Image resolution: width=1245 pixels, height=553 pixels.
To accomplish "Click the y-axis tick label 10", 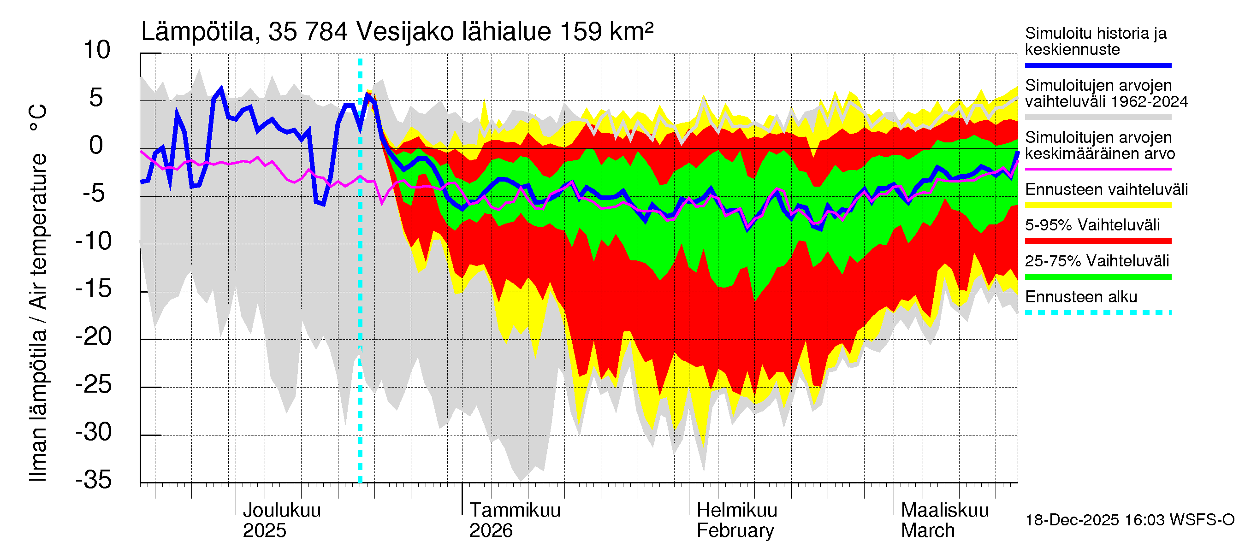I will coord(97,50).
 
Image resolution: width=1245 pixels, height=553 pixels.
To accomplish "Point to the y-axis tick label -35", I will coord(94,480).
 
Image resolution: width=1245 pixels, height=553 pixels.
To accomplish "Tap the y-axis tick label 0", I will coord(96,145).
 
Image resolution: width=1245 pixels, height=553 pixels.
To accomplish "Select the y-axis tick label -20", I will coord(94,336).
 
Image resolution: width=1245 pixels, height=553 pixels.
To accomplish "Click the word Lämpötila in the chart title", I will coord(198,32).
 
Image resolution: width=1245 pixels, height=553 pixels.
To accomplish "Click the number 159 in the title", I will coord(580,32).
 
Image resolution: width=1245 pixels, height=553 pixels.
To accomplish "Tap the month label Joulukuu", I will coord(282,511).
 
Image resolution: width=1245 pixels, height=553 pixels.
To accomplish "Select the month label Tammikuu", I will coord(515,511).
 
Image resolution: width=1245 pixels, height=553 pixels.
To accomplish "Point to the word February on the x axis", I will coord(735,531).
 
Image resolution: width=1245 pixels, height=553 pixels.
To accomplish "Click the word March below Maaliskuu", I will coord(927,531).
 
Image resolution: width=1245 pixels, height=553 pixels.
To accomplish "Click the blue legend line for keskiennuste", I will coord(1098,65).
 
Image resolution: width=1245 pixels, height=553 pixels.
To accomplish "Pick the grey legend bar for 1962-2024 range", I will coord(1098,118).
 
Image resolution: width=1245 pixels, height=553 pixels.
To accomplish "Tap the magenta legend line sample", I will coord(1098,170).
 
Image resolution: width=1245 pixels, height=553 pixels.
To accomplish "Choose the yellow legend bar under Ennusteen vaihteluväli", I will coord(1098,205).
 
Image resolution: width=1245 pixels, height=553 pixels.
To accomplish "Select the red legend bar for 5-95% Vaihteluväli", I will coord(1098,241).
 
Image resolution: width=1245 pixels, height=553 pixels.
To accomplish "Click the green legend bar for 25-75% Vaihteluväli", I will coord(1098,277).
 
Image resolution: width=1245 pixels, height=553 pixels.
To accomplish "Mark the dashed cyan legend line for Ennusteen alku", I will coord(1098,312).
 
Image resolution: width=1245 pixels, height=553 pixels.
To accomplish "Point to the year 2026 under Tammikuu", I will coord(491,531).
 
